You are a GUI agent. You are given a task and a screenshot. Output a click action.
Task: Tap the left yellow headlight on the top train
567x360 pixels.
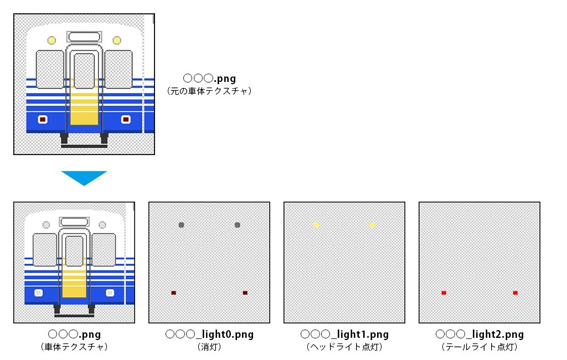click(x=51, y=40)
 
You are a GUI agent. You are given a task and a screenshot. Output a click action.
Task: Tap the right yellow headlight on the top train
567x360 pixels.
click(x=117, y=40)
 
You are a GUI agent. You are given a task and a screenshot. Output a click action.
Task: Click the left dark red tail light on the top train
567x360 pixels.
click(x=43, y=119)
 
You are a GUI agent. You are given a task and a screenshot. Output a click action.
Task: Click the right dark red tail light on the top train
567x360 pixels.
click(x=126, y=119)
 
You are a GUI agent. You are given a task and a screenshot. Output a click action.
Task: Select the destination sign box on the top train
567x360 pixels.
click(x=84, y=37)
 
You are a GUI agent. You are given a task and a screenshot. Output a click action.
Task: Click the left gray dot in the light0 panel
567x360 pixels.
click(x=181, y=225)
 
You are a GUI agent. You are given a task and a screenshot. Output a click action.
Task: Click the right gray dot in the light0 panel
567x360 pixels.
click(x=238, y=225)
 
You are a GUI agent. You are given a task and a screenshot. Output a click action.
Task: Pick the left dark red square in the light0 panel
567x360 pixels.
click(x=173, y=292)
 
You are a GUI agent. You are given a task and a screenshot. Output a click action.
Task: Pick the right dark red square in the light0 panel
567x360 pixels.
click(x=245, y=292)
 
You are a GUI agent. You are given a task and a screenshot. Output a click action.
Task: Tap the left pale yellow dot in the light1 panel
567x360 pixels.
click(x=316, y=225)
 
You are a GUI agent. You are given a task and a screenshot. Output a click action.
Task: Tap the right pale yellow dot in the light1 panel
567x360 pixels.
click(x=373, y=225)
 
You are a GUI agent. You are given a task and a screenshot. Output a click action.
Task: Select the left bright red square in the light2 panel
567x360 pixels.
click(x=444, y=292)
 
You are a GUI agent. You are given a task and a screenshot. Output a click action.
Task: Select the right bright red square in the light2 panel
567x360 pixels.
click(x=516, y=292)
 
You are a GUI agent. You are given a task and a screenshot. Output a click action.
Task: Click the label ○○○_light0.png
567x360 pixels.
click(x=209, y=335)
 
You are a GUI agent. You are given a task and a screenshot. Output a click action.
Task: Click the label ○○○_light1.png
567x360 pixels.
click(x=344, y=335)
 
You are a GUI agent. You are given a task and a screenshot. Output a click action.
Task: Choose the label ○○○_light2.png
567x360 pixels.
click(x=480, y=335)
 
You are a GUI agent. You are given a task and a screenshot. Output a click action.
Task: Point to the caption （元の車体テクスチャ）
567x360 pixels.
click(x=209, y=91)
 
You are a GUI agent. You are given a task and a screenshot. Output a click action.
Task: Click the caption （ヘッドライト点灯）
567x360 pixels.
click(x=344, y=347)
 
